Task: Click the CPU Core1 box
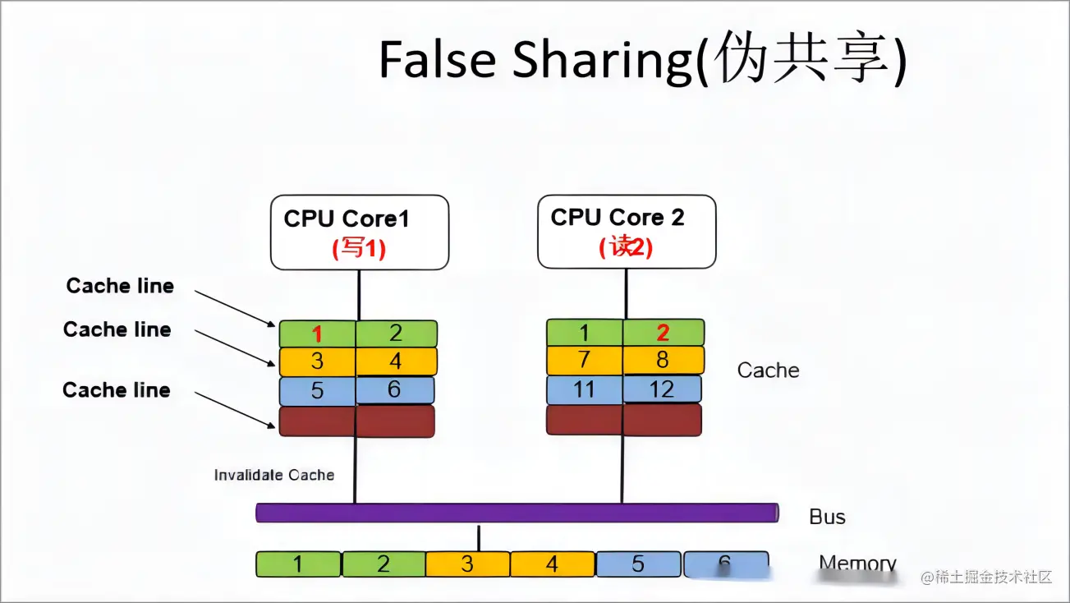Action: (x=360, y=232)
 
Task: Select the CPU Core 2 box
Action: (x=627, y=231)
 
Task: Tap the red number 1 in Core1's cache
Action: (x=317, y=334)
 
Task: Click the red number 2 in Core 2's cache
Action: (x=663, y=333)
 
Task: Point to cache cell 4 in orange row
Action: (x=396, y=361)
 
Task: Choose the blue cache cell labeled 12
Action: (x=662, y=389)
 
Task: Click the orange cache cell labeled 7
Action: (x=584, y=360)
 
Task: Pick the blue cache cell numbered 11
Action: (x=584, y=389)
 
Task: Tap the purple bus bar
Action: (x=517, y=513)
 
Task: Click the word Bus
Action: (x=827, y=517)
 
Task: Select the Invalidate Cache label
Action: (x=274, y=475)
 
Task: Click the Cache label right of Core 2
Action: (x=768, y=371)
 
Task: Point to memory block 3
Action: (x=467, y=564)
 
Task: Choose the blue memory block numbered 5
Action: (x=638, y=564)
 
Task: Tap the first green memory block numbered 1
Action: (x=298, y=564)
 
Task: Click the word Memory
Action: (x=857, y=564)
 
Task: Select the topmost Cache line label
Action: (x=120, y=286)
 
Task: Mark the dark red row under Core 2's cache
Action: (x=624, y=420)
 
